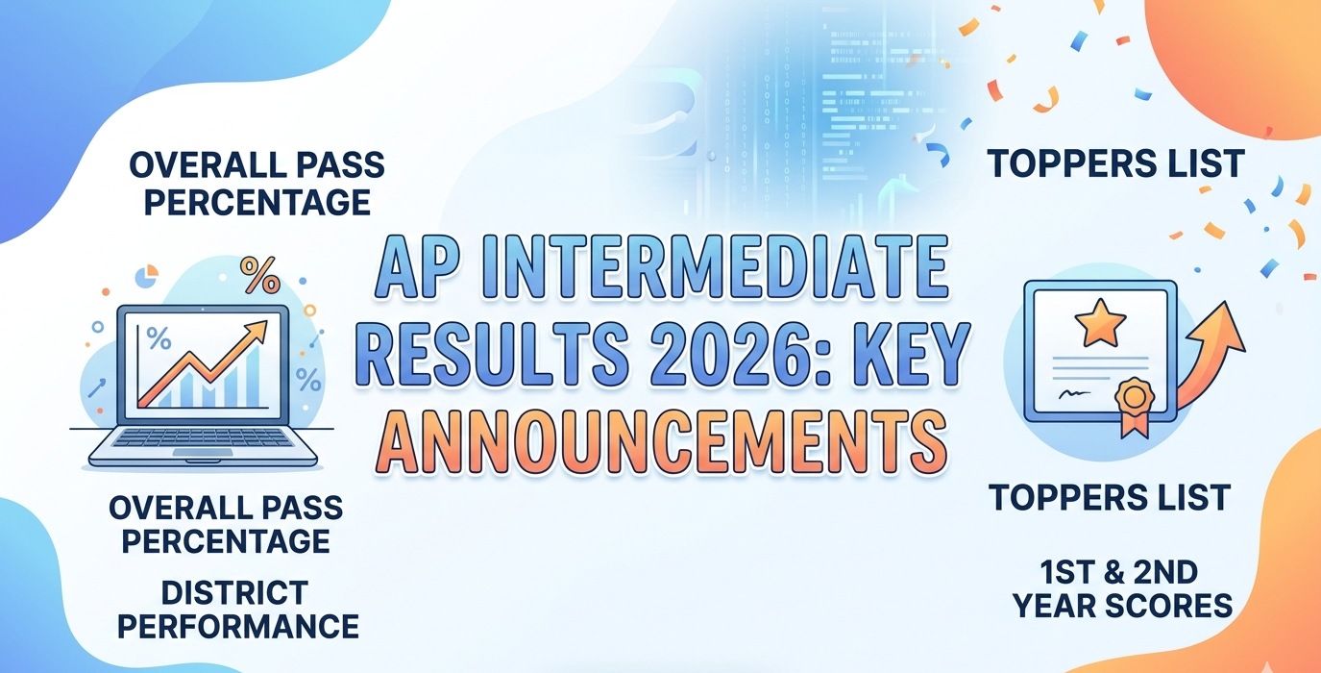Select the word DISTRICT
235,591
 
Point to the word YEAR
1070,607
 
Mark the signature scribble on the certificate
1069,395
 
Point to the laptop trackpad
203,452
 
